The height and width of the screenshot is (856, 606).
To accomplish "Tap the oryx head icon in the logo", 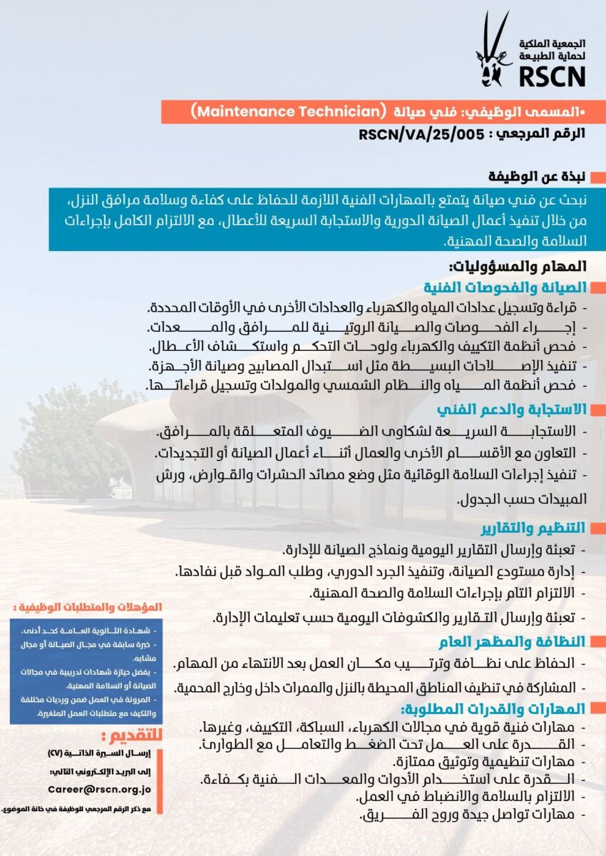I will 493,50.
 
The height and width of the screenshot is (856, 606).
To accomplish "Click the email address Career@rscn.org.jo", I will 100,789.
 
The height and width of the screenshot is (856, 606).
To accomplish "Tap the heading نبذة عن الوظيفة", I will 538,175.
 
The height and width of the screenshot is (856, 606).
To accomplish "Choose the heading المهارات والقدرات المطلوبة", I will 493,708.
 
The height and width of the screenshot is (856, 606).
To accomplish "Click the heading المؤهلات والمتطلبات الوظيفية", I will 88,607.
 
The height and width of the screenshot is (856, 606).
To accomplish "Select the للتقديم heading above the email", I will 133,735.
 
